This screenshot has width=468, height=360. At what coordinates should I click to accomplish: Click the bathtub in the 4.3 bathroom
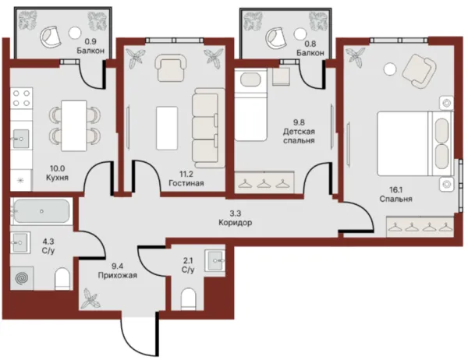(x=41, y=211)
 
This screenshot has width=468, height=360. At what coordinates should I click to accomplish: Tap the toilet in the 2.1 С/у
(x=188, y=298)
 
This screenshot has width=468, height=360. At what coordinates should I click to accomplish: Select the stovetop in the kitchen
(x=22, y=98)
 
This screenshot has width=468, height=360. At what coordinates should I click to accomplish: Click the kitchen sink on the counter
(x=20, y=139)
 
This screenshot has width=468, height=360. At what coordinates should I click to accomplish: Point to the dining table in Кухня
(x=74, y=126)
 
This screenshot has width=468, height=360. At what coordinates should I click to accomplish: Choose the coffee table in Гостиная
(x=167, y=128)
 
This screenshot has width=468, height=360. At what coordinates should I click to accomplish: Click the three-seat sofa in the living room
(x=208, y=128)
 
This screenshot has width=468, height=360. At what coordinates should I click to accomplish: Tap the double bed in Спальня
(x=415, y=143)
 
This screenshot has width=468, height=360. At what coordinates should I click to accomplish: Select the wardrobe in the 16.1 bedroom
(x=420, y=227)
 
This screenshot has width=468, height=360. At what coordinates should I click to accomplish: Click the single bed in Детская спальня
(x=250, y=104)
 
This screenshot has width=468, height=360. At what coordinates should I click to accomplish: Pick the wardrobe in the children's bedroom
(x=264, y=182)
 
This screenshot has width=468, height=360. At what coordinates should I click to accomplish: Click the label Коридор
(x=236, y=223)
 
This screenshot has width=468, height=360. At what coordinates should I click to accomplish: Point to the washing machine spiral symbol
(x=22, y=278)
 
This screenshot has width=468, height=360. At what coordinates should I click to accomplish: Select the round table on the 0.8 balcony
(x=300, y=34)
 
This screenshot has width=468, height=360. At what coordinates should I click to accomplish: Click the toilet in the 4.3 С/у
(x=62, y=279)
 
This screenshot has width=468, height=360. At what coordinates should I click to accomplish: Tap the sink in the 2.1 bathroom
(x=215, y=261)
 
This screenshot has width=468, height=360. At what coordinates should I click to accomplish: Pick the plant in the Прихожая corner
(x=90, y=298)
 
